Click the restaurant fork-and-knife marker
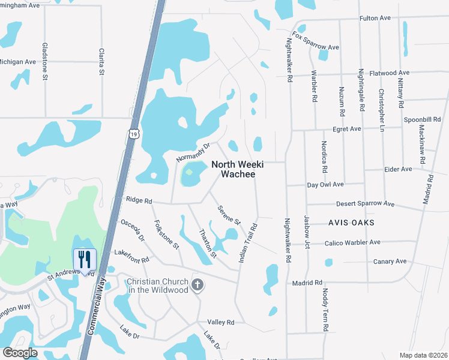(x=85, y=259)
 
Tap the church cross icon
(x=197, y=286)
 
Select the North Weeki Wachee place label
(x=234, y=169)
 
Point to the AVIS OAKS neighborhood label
(x=351, y=223)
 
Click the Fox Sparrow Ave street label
(x=316, y=40)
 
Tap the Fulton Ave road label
(x=375, y=19)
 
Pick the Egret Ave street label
(x=347, y=129)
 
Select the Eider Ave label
(x=398, y=169)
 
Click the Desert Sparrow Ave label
(x=365, y=204)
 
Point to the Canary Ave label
(x=390, y=261)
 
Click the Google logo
(x=20, y=352)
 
